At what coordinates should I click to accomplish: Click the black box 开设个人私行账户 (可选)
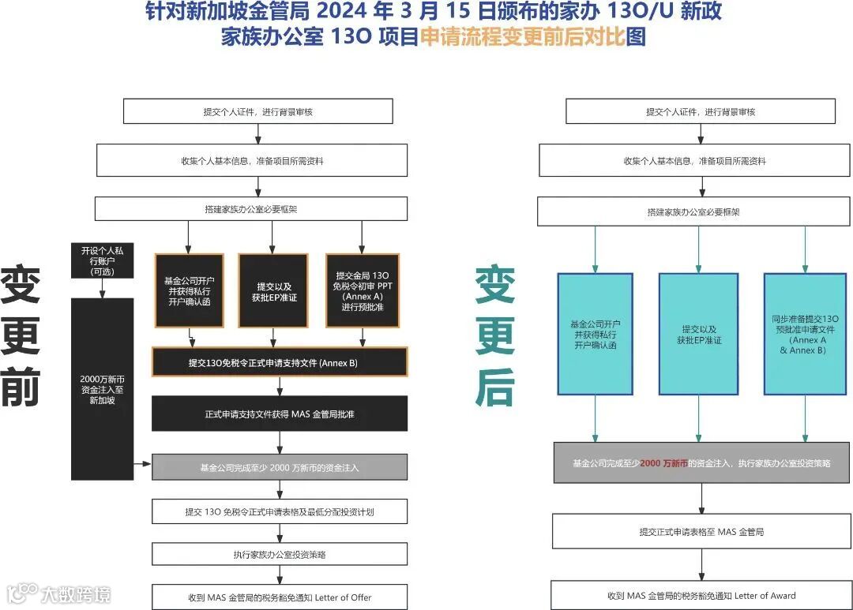[103, 260]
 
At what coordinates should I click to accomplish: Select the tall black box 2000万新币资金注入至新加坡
[103, 389]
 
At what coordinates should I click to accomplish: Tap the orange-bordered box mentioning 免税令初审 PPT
[363, 290]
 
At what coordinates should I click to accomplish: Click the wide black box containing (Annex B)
[280, 363]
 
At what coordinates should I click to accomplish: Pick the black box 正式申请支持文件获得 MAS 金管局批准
[280, 414]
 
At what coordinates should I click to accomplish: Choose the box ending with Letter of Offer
[280, 597]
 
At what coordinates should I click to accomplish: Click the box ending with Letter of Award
[701, 595]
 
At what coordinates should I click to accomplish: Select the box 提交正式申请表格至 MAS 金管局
[701, 532]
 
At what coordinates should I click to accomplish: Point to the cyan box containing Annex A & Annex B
[805, 334]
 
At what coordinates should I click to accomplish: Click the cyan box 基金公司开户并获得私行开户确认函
[595, 334]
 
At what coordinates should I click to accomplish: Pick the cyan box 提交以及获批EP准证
[699, 334]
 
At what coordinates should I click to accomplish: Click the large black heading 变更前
[21, 335]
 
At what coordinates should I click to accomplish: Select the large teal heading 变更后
[495, 335]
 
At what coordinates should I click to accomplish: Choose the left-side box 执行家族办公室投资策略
[280, 554]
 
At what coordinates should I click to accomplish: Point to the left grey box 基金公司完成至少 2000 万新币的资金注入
[280, 467]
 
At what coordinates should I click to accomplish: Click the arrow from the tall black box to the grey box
[142, 464]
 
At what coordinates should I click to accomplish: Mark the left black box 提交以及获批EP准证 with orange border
[272, 290]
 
